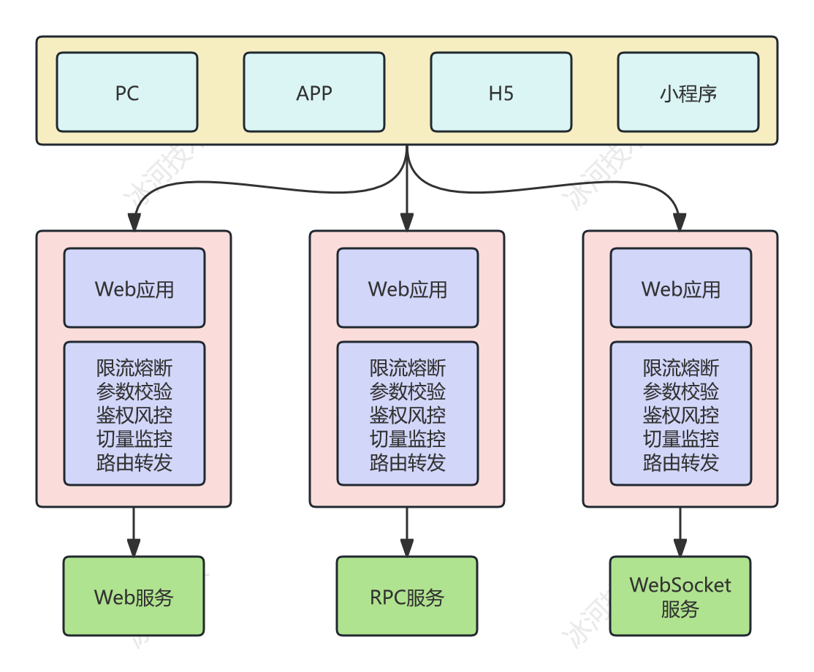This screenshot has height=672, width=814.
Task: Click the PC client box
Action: (127, 92)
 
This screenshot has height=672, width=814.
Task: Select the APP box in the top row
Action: (314, 92)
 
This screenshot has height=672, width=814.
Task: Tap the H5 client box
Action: (501, 92)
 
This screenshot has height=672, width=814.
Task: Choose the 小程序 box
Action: (688, 92)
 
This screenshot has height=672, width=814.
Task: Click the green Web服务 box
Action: (134, 597)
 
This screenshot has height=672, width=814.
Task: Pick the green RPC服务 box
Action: (407, 597)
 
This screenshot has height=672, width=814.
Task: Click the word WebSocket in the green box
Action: (680, 585)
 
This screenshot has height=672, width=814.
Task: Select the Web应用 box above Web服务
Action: (134, 288)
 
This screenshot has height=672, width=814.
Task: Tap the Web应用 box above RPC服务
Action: (408, 288)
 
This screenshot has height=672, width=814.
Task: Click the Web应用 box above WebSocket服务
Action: (681, 288)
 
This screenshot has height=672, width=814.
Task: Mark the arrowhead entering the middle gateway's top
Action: (407, 221)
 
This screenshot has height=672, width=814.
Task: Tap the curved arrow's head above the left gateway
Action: (134, 221)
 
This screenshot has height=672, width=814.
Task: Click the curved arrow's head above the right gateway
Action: (680, 221)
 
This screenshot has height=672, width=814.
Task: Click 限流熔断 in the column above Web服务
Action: (134, 367)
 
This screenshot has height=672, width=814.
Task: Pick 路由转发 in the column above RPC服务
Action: (408, 462)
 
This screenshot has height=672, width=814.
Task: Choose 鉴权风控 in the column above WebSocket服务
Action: (681, 415)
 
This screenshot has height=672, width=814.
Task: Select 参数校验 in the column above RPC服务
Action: (408, 392)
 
